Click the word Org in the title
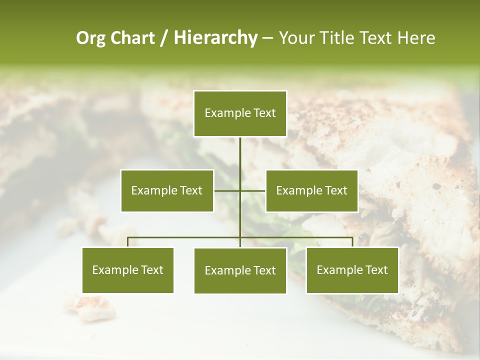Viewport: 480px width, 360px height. [x=91, y=38]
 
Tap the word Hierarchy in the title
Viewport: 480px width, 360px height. [x=215, y=38]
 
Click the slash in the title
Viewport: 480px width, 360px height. [x=164, y=38]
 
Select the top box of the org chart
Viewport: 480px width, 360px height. [x=240, y=113]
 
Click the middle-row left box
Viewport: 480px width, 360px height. [x=167, y=190]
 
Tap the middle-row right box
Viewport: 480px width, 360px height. [x=311, y=190]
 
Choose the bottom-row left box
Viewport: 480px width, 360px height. [x=128, y=270]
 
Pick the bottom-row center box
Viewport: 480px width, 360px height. [x=240, y=270]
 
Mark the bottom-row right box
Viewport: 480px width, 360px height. [x=352, y=270]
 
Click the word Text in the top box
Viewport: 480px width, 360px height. [x=264, y=113]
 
